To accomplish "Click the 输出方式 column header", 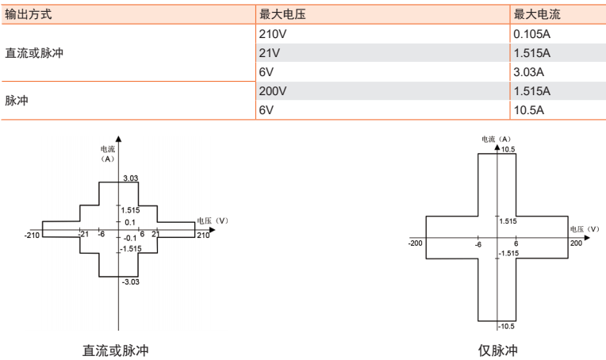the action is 29,15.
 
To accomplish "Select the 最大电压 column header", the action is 282,15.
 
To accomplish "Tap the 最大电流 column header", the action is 537,15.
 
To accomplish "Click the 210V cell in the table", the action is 273,34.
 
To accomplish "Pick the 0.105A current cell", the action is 531,34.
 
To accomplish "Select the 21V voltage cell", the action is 270,53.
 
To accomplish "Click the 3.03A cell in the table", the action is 529,72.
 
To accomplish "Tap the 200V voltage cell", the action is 273,91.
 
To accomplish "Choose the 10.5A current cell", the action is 529,110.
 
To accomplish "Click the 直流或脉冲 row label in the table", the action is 34,53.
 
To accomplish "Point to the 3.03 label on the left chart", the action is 131,178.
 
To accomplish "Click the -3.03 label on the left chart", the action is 131,282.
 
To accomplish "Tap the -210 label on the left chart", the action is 32,236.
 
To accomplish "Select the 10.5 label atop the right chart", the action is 508,150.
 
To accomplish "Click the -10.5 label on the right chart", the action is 506,327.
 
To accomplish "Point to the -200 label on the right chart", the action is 415,243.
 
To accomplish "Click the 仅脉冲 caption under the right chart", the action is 498,350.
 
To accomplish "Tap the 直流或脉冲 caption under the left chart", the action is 116,350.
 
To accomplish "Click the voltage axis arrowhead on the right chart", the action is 588,238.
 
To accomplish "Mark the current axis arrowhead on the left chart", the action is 119,139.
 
